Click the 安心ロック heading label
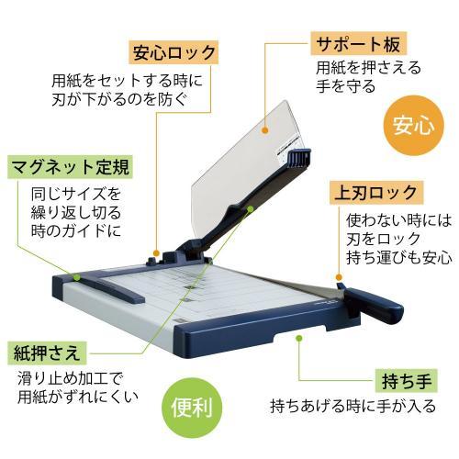tap(174, 51)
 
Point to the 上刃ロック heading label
tap(375, 194)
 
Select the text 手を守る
tap(345, 87)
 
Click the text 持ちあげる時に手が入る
tap(353, 405)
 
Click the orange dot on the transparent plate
tap(266, 131)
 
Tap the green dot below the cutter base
tap(298, 339)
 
